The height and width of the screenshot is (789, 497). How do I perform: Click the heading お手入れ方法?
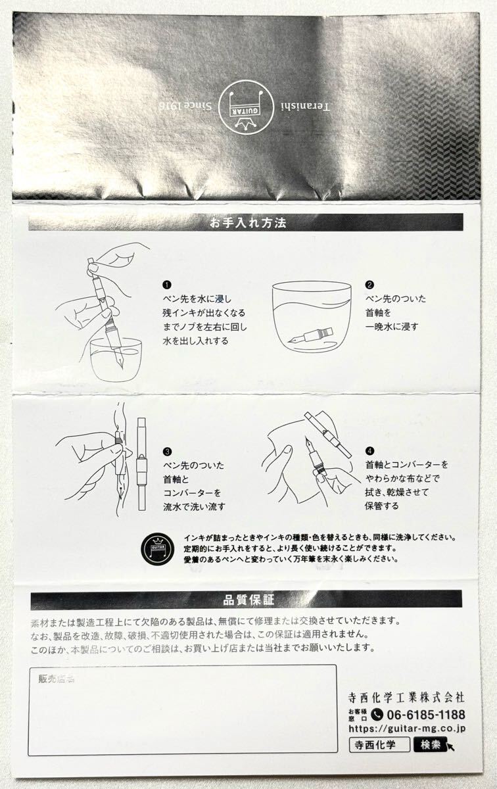248,224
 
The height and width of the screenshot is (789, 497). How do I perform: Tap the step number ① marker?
167,285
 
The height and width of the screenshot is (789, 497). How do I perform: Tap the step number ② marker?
369,285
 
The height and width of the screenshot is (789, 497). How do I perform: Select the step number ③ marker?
167,452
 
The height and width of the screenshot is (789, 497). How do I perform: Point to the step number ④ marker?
369,452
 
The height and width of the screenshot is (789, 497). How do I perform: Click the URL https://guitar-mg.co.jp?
407,728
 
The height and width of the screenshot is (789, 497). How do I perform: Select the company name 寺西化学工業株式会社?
406,696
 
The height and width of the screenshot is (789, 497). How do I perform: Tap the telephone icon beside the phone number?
377,715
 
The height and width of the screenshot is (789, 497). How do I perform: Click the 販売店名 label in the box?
56,679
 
